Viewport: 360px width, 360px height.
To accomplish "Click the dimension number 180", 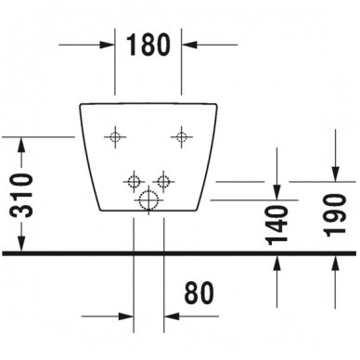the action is [x=148, y=45].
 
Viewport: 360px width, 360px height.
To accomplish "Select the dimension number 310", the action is [x=22, y=196].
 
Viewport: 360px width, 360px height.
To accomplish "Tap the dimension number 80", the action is [x=199, y=292].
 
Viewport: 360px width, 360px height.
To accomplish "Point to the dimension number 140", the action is [x=277, y=225].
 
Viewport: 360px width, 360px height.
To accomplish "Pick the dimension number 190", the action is [x=336, y=215].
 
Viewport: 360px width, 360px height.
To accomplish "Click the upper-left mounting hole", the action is [x=115, y=136].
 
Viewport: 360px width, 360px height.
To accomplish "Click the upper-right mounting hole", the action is [x=182, y=136].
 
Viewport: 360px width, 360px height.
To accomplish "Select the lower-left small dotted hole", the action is [x=134, y=181].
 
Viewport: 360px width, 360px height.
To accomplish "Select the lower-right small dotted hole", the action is [x=163, y=181].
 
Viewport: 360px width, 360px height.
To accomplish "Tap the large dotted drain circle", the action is [x=148, y=200].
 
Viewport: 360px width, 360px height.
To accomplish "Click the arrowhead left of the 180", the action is [x=108, y=45].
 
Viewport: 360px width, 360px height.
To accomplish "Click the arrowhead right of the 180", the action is [x=189, y=45].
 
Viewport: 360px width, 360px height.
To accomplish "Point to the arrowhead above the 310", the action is [x=21, y=144].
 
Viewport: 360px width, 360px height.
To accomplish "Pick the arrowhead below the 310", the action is [x=21, y=244].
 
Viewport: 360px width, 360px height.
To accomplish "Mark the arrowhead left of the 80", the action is [x=126, y=316].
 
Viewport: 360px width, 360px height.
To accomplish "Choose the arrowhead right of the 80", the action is [x=172, y=316].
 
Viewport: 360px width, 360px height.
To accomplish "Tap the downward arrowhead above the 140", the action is [x=277, y=192].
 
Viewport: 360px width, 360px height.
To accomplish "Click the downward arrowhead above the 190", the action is [x=336, y=174].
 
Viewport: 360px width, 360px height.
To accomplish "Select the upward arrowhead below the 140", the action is [x=277, y=264].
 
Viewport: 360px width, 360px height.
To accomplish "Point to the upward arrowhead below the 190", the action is [x=336, y=264].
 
